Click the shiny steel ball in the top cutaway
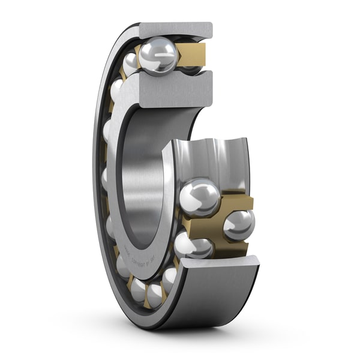(158, 55)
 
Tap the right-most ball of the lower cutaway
(239, 225)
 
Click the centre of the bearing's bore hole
(144, 180)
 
